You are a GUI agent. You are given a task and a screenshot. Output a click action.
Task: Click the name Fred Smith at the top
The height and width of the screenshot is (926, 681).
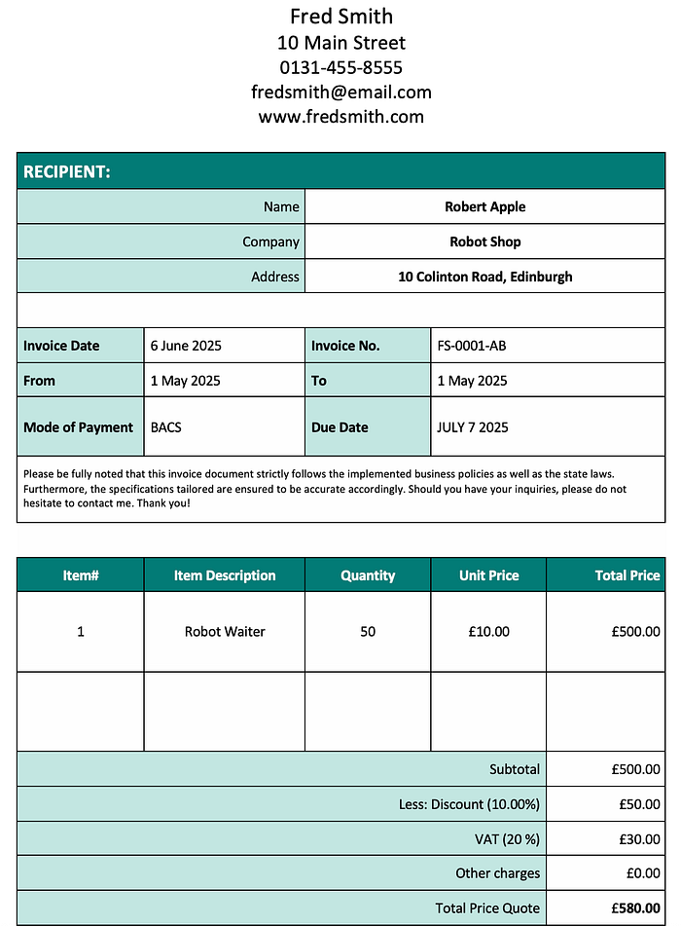340,17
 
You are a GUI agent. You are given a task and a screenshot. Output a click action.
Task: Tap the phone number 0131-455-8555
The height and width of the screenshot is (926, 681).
340,67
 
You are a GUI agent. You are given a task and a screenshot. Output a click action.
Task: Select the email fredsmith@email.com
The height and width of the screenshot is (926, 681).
340,93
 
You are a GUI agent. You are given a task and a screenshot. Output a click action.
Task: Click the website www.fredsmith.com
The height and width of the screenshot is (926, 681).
340,117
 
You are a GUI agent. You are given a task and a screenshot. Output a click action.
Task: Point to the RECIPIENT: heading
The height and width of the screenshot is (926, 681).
67,171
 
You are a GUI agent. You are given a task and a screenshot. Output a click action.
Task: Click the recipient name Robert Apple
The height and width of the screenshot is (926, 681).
484,206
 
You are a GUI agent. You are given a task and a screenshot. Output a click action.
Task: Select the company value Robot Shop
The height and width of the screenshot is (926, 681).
484,241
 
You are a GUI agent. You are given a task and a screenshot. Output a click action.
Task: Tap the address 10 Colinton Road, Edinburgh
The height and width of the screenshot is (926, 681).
484,277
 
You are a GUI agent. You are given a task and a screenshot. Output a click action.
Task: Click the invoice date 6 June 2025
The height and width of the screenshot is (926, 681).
187,346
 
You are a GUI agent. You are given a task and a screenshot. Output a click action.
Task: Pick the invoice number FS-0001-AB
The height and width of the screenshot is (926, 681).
472,346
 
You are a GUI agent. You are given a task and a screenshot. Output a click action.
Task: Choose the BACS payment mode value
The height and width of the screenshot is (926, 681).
166,427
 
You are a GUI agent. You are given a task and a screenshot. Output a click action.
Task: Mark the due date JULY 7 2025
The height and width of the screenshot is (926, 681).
473,427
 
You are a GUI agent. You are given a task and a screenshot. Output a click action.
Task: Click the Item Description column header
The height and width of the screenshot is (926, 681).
225,575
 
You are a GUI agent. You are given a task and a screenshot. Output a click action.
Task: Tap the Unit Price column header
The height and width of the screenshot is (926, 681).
488,575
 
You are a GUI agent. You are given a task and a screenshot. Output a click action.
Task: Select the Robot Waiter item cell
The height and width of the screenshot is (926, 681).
225,632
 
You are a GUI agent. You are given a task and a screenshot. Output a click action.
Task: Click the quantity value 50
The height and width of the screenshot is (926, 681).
368,632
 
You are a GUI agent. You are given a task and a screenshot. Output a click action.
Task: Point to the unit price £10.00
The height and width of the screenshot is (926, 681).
488,632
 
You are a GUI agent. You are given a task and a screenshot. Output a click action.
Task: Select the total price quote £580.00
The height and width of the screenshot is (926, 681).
635,908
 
